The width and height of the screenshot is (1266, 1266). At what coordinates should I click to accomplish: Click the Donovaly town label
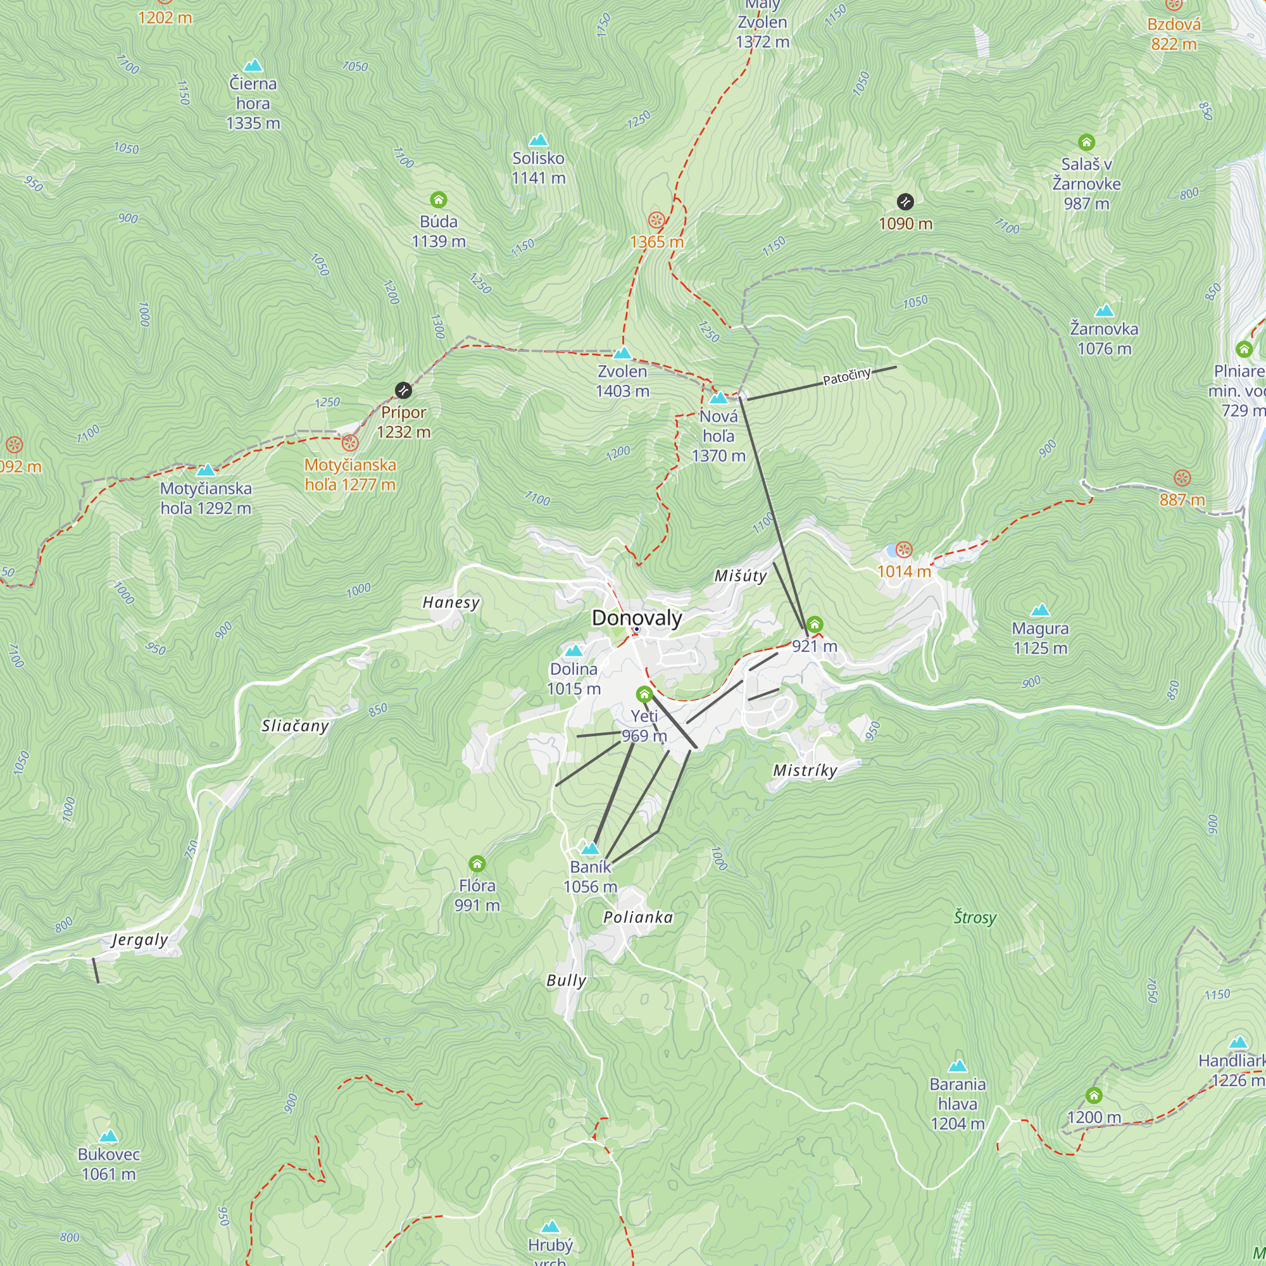(636, 618)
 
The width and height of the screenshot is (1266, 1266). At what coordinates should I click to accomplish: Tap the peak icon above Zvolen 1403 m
(622, 353)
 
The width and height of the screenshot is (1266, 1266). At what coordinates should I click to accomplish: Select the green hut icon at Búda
(439, 199)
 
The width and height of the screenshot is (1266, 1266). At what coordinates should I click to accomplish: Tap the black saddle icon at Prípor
(404, 391)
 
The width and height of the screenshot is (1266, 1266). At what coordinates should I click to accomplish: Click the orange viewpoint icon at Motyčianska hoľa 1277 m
(350, 443)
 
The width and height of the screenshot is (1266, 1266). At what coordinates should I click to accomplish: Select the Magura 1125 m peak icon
(1040, 611)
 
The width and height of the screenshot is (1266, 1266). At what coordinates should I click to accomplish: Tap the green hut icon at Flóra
(477, 863)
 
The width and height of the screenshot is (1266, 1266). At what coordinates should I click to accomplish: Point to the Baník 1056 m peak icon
(591, 849)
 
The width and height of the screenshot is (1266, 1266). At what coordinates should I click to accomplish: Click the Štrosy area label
(974, 917)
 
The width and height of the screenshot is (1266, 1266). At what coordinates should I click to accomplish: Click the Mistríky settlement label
(805, 770)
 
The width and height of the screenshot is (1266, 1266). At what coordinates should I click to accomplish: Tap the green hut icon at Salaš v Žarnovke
(1086, 142)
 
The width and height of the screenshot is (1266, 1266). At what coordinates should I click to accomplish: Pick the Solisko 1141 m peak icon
(538, 139)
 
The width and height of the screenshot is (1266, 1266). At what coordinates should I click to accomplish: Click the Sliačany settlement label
(295, 726)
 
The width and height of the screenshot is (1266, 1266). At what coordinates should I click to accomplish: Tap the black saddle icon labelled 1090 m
(905, 202)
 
